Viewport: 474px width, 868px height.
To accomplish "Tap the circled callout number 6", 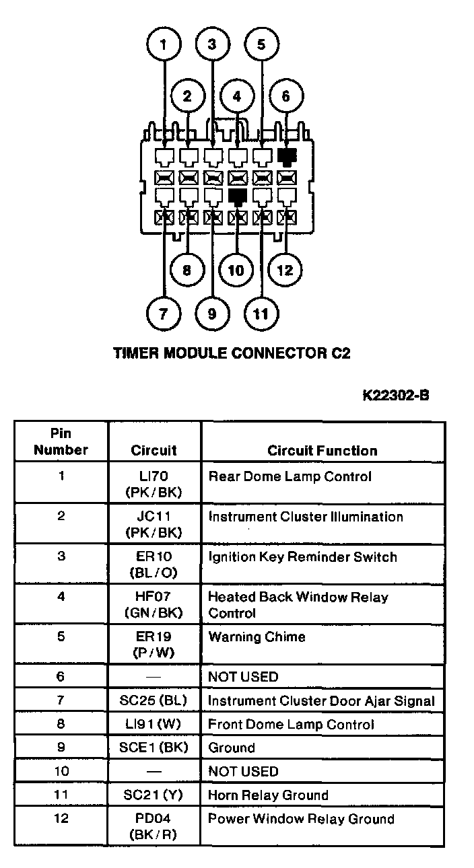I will [x=285, y=96].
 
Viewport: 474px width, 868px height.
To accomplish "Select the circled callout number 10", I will [x=236, y=270].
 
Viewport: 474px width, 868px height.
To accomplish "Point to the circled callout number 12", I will [x=285, y=270].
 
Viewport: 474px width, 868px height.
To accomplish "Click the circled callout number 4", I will [x=236, y=96].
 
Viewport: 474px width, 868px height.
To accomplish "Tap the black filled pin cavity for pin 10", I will [x=236, y=196].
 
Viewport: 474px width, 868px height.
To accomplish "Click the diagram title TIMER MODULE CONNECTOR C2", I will [x=232, y=353].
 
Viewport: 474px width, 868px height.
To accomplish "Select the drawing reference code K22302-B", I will [x=395, y=394].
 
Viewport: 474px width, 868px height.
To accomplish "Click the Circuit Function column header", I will [x=322, y=451].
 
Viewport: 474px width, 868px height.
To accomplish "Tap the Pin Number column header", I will [x=61, y=442].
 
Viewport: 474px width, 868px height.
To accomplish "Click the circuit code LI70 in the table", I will [x=154, y=477].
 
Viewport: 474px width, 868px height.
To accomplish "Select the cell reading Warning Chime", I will [x=257, y=637].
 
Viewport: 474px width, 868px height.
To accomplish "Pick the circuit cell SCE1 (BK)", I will [x=154, y=748].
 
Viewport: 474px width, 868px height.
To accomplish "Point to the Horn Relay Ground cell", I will [x=268, y=795].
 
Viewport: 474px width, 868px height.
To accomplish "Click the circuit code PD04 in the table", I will [x=154, y=820].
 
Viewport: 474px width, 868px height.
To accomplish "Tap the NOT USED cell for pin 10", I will [x=243, y=771].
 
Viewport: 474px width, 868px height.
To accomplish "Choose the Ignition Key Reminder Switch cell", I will [x=302, y=557].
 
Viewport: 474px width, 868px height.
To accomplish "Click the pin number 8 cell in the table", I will [x=61, y=724].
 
